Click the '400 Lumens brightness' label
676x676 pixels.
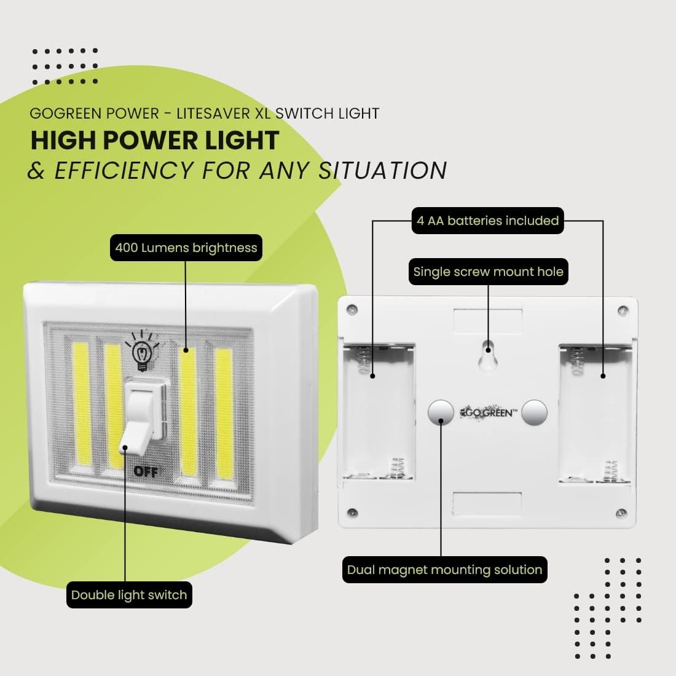186,248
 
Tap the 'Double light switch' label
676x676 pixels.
129,594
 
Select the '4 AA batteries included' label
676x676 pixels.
487,221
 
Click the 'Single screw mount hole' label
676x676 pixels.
488,272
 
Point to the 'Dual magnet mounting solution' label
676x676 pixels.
444,570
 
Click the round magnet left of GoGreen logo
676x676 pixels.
440,412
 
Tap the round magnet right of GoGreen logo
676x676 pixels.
534,412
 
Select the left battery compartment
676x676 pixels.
378,412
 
